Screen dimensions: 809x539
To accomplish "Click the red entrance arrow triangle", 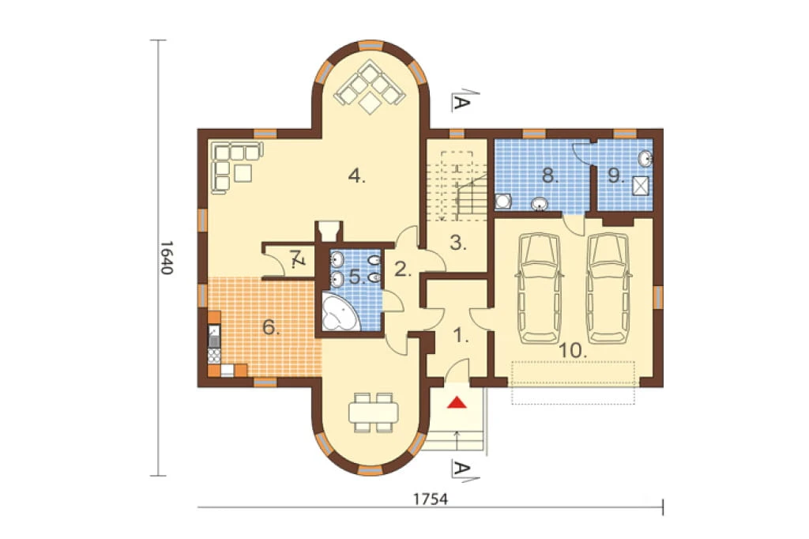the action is pyautogui.click(x=457, y=402).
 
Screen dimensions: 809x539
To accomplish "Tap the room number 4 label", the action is pyautogui.click(x=356, y=176).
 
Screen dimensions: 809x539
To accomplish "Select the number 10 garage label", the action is pyautogui.click(x=573, y=351).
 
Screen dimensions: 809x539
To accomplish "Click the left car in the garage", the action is pyautogui.click(x=539, y=288).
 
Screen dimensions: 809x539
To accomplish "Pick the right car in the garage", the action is pyautogui.click(x=609, y=288).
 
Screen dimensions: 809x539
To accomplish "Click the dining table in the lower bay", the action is pyautogui.click(x=374, y=413).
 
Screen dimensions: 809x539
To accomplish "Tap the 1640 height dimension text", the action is pyautogui.click(x=166, y=257).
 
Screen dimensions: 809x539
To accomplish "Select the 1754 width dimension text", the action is pyautogui.click(x=431, y=499).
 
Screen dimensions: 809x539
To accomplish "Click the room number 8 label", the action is pyautogui.click(x=550, y=176).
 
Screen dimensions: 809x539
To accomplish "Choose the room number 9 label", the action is pyautogui.click(x=615, y=176).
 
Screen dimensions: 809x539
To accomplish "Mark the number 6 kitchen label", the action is pyautogui.click(x=271, y=327).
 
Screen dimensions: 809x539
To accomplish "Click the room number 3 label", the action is pyautogui.click(x=458, y=242).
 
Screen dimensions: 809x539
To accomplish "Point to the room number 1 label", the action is pyautogui.click(x=461, y=337).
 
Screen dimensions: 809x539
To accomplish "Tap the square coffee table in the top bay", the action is pyautogui.click(x=370, y=102).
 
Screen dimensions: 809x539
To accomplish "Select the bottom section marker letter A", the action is pyautogui.click(x=461, y=469).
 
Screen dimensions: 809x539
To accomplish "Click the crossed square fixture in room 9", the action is pyautogui.click(x=640, y=186).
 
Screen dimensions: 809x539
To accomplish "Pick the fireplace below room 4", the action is pyautogui.click(x=329, y=231).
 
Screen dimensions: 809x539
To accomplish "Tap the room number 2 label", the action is pyautogui.click(x=403, y=269).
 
